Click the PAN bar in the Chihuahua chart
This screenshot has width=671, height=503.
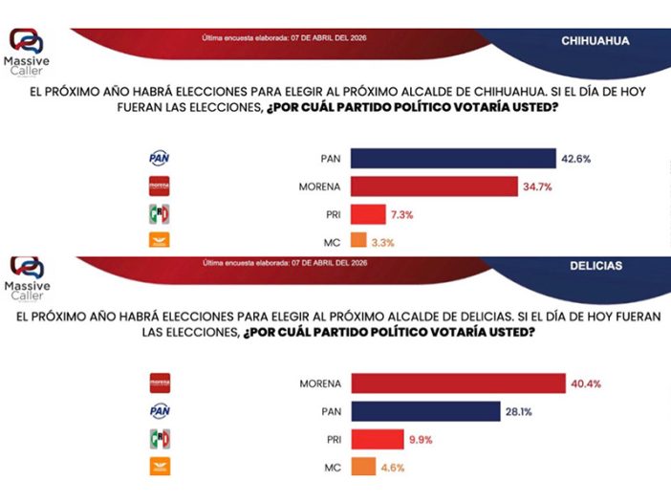point(453,158)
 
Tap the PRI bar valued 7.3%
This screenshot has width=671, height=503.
point(368,214)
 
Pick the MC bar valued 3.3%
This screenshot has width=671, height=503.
point(358,242)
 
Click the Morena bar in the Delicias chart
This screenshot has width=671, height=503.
point(458,383)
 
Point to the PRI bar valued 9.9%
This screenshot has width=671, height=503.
point(377,439)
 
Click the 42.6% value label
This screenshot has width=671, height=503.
point(577,159)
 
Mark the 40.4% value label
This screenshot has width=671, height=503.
point(585,383)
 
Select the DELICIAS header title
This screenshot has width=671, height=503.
point(596,265)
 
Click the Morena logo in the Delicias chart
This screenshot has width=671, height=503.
point(159,383)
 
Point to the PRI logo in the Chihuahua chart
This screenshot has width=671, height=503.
point(158,214)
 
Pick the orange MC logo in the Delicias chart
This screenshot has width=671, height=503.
point(159,468)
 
